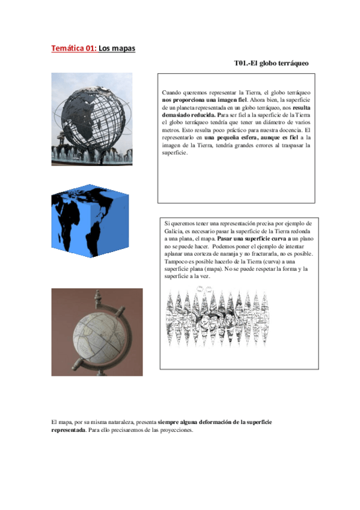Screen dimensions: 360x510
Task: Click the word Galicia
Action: [175, 232]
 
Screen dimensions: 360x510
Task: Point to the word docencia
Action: [286, 130]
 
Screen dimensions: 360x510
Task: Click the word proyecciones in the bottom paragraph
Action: [172, 430]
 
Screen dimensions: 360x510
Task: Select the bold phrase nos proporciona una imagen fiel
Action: [204, 99]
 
